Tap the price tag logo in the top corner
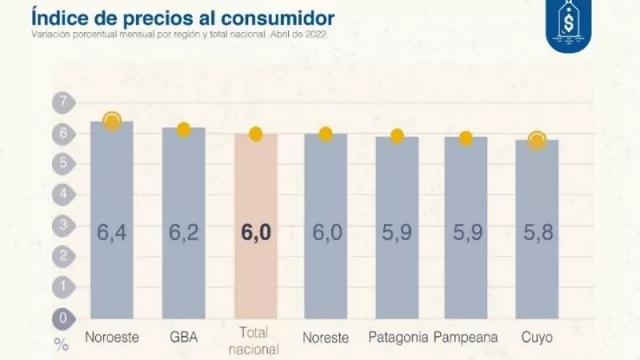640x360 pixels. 573,27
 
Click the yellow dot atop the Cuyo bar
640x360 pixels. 537,141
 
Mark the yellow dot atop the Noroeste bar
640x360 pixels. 112,121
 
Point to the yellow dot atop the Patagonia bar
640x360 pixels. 397,136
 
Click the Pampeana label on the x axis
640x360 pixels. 466,335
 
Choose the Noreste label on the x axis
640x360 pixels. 326,335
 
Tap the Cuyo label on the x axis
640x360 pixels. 537,335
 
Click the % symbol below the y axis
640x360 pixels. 62,344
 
